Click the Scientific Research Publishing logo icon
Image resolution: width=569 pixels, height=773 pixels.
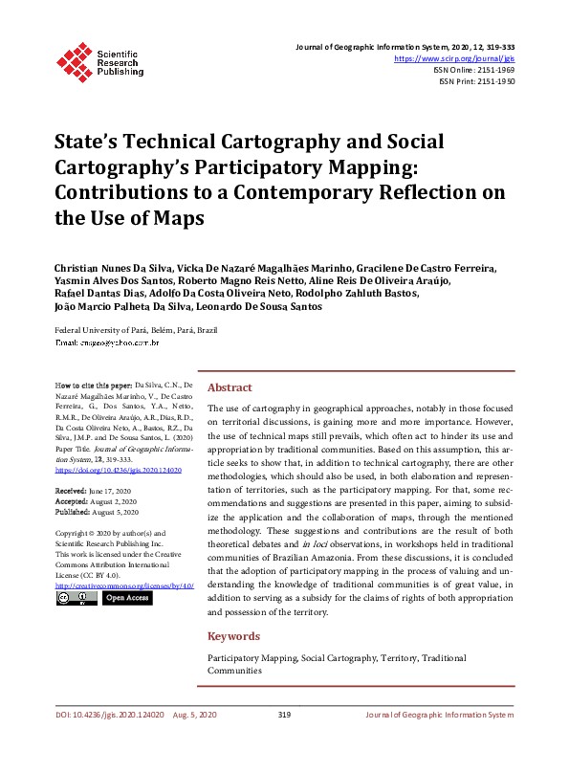point(73,60)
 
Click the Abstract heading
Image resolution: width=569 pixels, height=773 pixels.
point(230,387)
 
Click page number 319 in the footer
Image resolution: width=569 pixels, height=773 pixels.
point(284,715)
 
